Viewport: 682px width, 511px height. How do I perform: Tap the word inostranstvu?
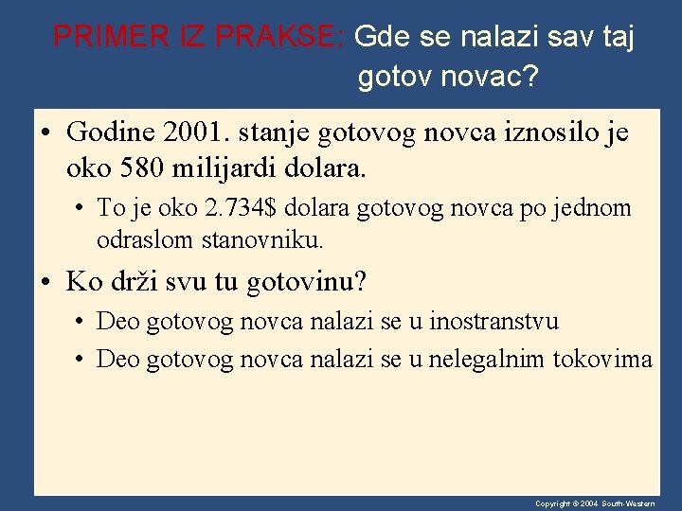[x=494, y=321]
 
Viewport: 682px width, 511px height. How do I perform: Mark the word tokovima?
[x=603, y=360]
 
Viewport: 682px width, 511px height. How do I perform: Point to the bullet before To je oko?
[x=80, y=209]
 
